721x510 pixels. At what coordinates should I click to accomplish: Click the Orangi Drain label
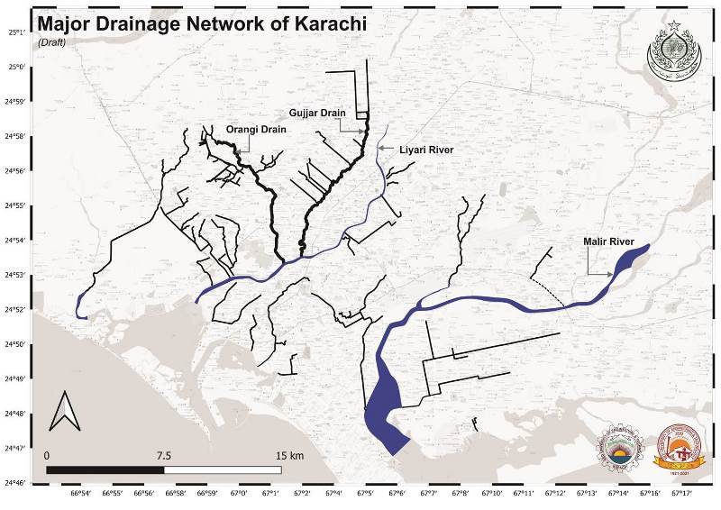(x=256, y=130)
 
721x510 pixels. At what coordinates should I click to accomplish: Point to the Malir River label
(x=609, y=242)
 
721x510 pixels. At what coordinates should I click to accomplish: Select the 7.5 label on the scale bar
(x=165, y=455)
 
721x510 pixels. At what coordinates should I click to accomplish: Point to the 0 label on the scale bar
(x=47, y=455)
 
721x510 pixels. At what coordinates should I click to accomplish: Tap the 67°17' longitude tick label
(x=680, y=494)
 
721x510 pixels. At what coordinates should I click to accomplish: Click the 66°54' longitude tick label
(x=79, y=494)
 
